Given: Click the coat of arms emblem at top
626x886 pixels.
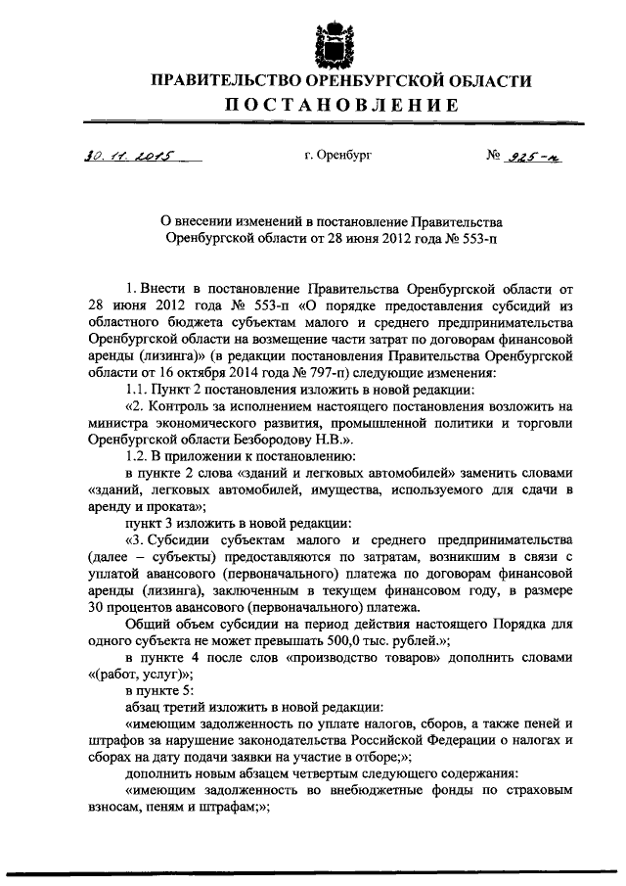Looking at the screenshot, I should tap(333, 42).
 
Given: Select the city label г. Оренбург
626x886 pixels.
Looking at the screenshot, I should tap(338, 155).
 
